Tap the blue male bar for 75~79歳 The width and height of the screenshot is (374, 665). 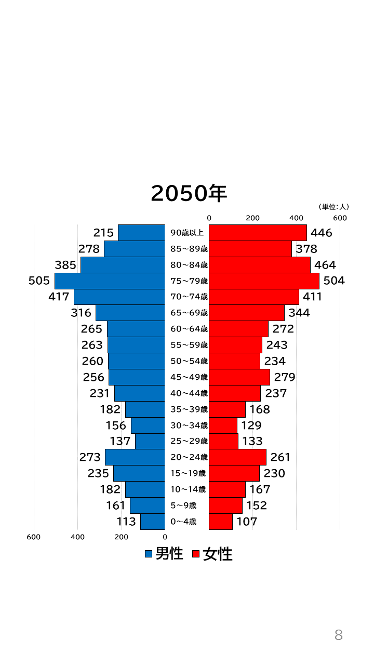point(110,281)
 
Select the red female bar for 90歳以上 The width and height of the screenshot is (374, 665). point(258,233)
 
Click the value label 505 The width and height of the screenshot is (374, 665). point(39,281)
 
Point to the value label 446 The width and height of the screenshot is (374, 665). point(321,233)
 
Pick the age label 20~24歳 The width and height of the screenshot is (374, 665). point(189,457)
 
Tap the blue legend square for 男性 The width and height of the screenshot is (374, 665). point(149,554)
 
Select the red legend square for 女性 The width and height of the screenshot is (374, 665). point(196,554)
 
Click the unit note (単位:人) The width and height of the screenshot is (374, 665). point(333,207)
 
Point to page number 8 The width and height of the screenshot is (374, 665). point(339,635)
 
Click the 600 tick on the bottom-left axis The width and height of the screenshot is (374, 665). point(34,537)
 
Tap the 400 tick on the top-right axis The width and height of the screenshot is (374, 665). point(297,218)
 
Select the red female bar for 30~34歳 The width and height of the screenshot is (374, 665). point(223,425)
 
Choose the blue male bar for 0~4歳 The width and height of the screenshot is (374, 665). point(152,522)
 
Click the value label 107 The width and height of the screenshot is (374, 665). point(247,522)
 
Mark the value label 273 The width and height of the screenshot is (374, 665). point(90,457)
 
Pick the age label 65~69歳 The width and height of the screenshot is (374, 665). point(189,313)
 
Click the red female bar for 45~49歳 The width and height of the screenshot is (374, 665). point(239,377)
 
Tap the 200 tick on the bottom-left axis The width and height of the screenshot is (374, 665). point(121,537)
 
